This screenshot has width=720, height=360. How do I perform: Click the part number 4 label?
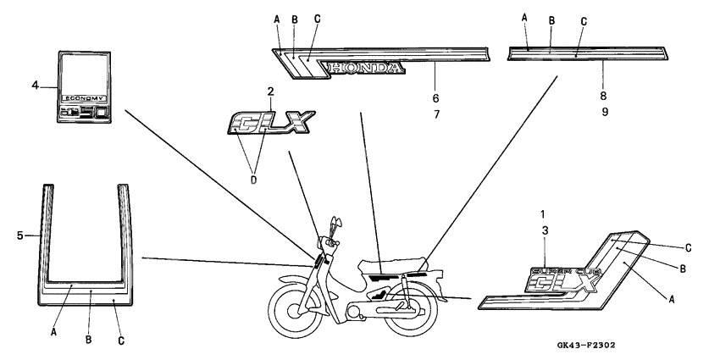click(x=35, y=85)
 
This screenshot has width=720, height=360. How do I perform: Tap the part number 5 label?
click(x=19, y=235)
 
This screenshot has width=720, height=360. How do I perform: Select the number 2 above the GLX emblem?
click(x=270, y=91)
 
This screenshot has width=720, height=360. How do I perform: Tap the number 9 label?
click(x=603, y=110)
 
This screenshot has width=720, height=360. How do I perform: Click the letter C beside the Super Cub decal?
click(x=688, y=247)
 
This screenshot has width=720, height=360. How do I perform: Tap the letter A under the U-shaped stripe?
click(x=53, y=333)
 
